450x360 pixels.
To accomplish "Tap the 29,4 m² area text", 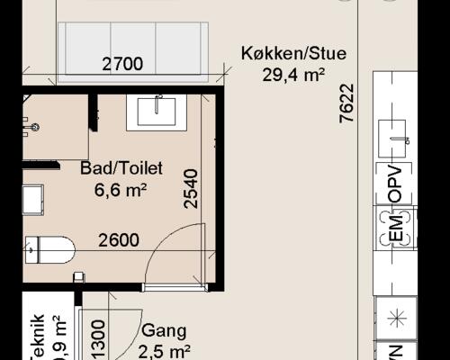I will pyautogui.click(x=293, y=75).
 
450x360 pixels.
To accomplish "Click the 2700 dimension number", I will pyautogui.click(x=122, y=65).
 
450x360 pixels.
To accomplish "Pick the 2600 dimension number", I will pyautogui.click(x=118, y=240).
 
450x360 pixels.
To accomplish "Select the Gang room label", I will pyautogui.click(x=162, y=330).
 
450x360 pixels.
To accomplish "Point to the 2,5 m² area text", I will pyautogui.click(x=165, y=351).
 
